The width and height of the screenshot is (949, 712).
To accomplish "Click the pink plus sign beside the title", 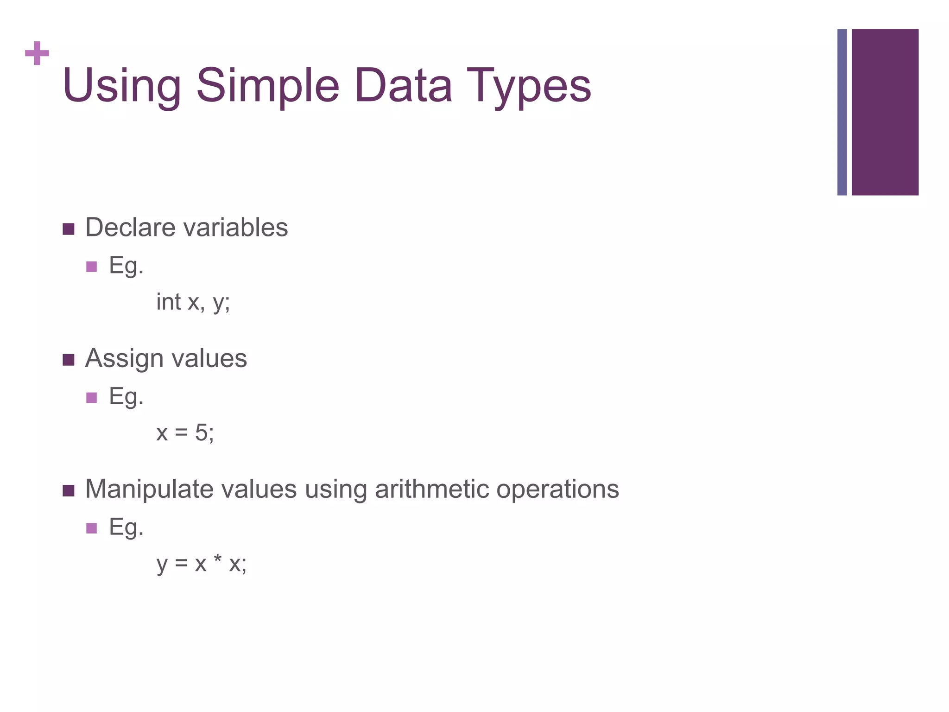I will [x=37, y=54].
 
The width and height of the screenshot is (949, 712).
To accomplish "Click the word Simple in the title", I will [x=268, y=86].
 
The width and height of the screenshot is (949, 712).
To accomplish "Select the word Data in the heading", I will [x=403, y=86].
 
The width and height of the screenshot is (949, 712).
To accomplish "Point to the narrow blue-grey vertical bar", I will [x=842, y=112].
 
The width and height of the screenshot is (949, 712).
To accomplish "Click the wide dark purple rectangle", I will [x=885, y=112].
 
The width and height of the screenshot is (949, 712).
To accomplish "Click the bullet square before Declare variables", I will [x=69, y=229].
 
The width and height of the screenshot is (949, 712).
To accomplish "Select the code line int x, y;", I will [x=193, y=302].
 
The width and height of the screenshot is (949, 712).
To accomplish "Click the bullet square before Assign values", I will [x=69, y=360].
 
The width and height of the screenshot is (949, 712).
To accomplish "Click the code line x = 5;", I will [x=185, y=433].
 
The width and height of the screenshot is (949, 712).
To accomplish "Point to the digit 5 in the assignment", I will [x=202, y=432].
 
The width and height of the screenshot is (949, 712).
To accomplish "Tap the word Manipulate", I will [x=149, y=489].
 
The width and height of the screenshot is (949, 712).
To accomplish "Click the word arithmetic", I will [x=431, y=489].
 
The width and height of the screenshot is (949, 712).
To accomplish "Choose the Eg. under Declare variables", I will [x=126, y=266].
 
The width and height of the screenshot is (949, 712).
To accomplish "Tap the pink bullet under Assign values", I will [x=92, y=397].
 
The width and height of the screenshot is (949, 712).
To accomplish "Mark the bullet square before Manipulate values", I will [x=69, y=490].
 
